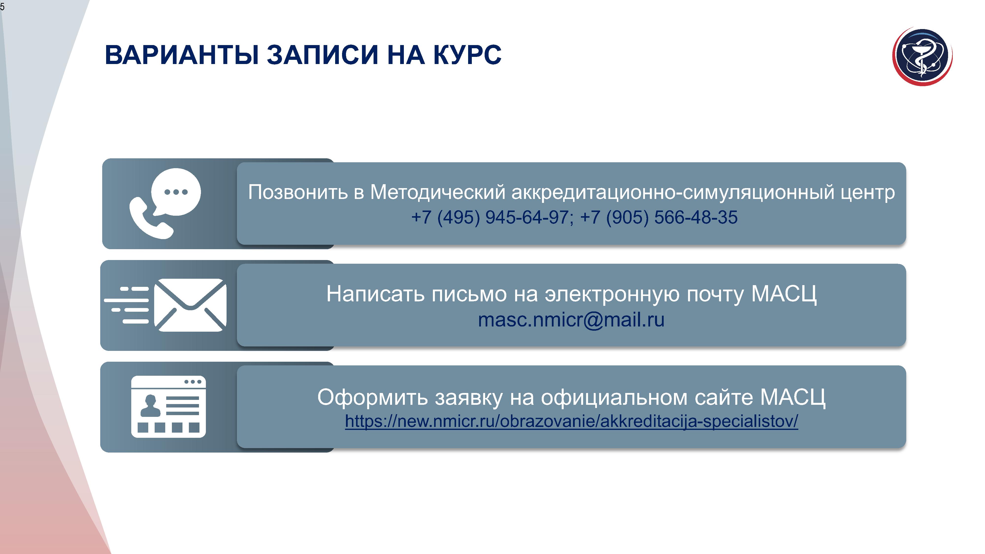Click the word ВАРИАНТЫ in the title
tap(182, 55)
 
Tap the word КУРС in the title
tap(467, 55)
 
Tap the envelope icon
tap(190, 305)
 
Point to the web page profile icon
tap(168, 407)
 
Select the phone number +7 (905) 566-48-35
tap(659, 217)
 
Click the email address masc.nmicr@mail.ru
tap(571, 320)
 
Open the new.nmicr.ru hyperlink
tap(572, 421)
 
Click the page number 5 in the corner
tap(2, 7)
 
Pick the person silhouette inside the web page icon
tap(150, 406)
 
